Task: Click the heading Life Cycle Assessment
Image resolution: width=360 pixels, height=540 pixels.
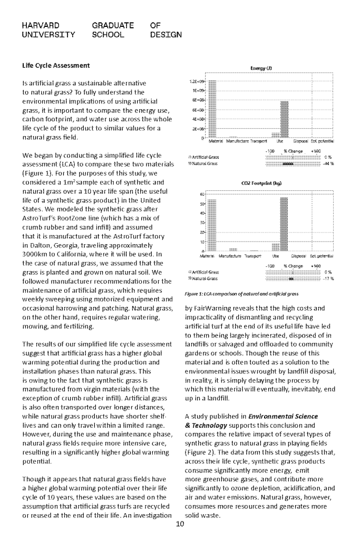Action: pyautogui.click(x=56, y=65)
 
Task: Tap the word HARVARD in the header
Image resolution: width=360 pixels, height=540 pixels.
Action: pyautogui.click(x=41, y=25)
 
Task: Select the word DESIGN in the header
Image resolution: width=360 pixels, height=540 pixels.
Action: pyautogui.click(x=166, y=35)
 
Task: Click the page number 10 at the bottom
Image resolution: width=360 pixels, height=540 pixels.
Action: pyautogui.click(x=180, y=524)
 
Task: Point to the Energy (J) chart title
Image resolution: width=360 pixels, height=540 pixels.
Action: pyautogui.click(x=261, y=68)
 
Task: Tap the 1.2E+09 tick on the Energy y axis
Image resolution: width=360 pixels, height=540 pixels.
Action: pyautogui.click(x=197, y=82)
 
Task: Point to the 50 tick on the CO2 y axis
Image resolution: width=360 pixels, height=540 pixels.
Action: pyautogui.click(x=202, y=204)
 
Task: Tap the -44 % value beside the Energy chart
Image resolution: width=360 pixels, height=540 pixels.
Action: pyautogui.click(x=329, y=163)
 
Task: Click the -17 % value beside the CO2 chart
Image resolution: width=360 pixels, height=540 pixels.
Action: pyautogui.click(x=329, y=278)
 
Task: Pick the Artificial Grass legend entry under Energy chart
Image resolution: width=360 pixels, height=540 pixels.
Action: pyautogui.click(x=203, y=157)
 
